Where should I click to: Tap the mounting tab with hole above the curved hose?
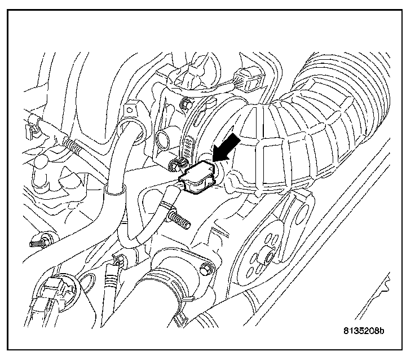131,108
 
